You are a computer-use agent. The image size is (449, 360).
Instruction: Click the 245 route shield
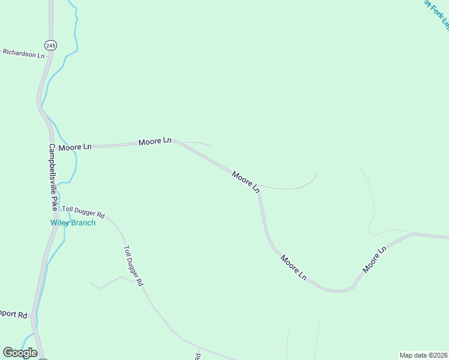[x=50, y=46]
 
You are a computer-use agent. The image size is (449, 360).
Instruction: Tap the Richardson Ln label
[x=23, y=54]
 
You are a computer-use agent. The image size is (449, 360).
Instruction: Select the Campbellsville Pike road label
[x=53, y=176]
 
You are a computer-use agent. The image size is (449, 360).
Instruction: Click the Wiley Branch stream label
[x=72, y=223]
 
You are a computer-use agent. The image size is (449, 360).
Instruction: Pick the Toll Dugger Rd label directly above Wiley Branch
[x=84, y=211]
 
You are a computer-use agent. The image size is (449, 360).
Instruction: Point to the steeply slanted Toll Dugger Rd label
[x=133, y=265]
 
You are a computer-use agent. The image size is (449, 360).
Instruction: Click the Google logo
[x=20, y=353]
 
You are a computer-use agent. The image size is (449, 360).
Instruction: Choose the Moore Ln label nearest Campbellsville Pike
[x=75, y=146]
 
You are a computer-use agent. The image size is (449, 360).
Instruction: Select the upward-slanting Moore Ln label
[x=374, y=260]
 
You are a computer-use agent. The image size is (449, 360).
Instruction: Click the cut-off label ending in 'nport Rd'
[x=14, y=314]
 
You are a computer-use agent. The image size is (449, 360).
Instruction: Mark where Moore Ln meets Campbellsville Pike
[x=50, y=145]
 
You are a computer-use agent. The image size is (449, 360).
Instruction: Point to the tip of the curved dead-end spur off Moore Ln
[x=316, y=175]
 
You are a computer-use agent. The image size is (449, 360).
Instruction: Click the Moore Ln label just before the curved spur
[x=246, y=181]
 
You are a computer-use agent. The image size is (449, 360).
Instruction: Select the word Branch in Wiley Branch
[x=83, y=223]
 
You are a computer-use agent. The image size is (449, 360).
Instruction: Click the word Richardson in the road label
[x=19, y=53]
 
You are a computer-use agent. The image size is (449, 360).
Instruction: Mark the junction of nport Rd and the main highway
[x=35, y=314]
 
